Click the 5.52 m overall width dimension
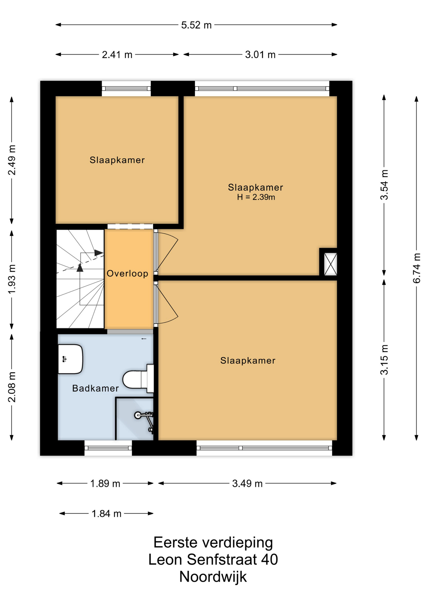pos(196,25)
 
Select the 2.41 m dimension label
pos(117,55)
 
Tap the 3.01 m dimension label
pos(260,55)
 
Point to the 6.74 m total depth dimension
pos(417,268)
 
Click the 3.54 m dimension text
pos(384,185)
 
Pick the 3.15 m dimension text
pos(384,359)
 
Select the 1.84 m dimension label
pos(107,514)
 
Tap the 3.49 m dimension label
pos(247,483)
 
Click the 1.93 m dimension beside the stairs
pos(12,279)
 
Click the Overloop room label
pos(127,273)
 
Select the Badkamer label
pos(95,388)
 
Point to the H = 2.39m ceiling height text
pos(256,197)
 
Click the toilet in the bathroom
pos(138,379)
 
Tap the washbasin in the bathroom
pos(70,359)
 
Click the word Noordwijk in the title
pos(213,577)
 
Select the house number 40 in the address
pos(269,560)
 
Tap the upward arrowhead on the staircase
pos(80,268)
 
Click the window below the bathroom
pos(108,448)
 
